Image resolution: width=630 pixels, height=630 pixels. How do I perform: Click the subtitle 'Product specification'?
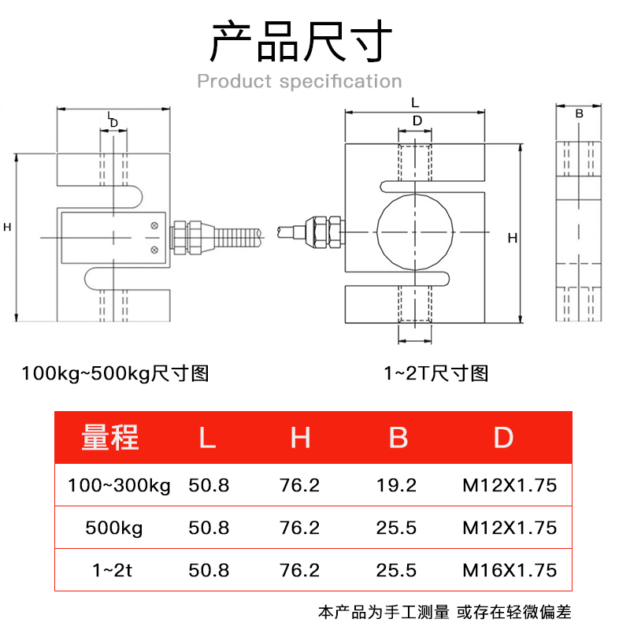[x=299, y=81]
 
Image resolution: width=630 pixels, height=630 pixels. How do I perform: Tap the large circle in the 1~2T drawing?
[x=415, y=232]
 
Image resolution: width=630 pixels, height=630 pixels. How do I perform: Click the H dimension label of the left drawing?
[x=7, y=227]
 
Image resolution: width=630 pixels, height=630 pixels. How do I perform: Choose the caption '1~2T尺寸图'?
[x=435, y=372]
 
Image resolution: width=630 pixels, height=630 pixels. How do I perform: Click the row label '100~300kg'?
[x=120, y=485]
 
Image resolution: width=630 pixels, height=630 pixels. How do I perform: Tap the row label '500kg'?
[x=114, y=528]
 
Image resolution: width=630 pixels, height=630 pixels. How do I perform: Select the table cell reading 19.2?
[x=398, y=485]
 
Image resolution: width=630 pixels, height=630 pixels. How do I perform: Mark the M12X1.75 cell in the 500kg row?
[x=509, y=528]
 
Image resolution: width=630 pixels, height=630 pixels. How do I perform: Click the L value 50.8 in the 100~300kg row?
[x=209, y=485]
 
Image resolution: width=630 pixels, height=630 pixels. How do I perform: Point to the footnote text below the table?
[x=445, y=611]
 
